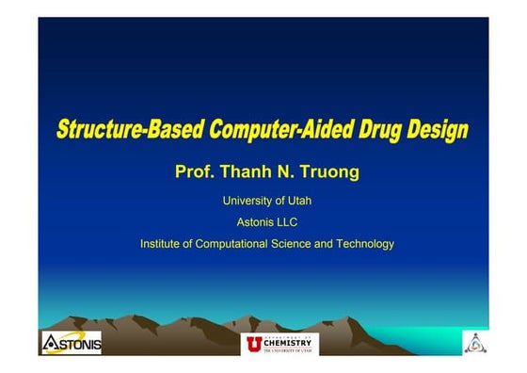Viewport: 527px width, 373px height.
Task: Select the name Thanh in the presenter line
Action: tap(247, 172)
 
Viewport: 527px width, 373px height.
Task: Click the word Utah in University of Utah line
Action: tap(297, 201)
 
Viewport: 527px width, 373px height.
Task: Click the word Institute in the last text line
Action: tap(163, 244)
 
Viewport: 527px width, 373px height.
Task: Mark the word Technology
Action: tap(367, 244)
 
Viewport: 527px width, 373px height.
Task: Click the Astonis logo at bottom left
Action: tap(71, 343)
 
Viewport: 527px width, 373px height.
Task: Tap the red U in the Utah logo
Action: tap(253, 343)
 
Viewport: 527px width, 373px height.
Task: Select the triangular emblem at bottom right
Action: tap(475, 343)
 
